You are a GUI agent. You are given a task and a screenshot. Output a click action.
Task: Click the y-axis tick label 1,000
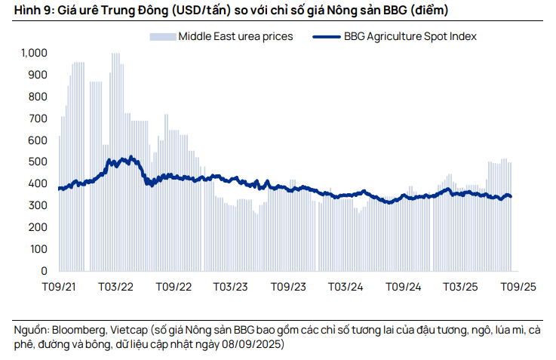(34, 53)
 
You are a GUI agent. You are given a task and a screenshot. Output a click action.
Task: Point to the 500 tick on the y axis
(38, 162)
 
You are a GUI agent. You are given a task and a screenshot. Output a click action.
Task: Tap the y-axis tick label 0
(45, 271)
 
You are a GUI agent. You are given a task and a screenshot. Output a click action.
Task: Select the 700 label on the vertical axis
(38, 118)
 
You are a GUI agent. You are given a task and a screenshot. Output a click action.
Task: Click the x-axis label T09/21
(57, 288)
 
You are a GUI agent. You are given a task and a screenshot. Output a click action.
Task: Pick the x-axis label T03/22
(116, 288)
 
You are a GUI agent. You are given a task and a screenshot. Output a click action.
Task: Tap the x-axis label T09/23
(288, 288)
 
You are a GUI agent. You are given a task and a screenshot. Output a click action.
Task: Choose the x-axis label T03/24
(346, 288)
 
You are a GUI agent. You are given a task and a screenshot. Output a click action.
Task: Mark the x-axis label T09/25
(518, 288)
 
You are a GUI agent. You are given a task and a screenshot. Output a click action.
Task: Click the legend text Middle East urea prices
(235, 35)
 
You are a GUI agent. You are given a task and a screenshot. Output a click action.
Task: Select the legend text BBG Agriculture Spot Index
(410, 35)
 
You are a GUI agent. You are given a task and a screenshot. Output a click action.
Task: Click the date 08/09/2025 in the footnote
(248, 345)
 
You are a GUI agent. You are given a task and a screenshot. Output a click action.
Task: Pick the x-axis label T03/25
(460, 288)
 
